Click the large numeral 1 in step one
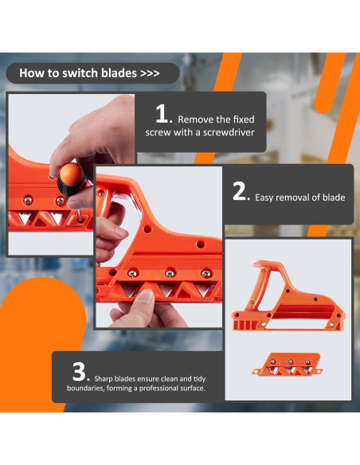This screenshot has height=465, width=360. (x=162, y=113)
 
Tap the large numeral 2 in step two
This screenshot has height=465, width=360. (x=239, y=191)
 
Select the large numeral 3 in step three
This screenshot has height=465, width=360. (x=79, y=372)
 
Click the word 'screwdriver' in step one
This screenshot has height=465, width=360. (x=229, y=132)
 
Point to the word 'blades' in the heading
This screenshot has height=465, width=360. (x=119, y=73)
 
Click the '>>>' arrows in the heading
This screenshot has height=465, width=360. (x=150, y=73)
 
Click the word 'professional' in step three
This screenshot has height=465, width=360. (x=159, y=389)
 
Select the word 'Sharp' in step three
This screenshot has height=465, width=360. (x=104, y=379)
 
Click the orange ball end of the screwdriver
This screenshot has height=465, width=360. (x=70, y=174)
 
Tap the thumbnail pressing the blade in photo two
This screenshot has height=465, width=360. (x=146, y=295)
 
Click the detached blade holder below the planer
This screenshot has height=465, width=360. (x=288, y=365)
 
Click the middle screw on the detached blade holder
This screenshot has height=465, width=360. (x=291, y=361)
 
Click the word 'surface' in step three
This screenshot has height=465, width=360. (x=193, y=389)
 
